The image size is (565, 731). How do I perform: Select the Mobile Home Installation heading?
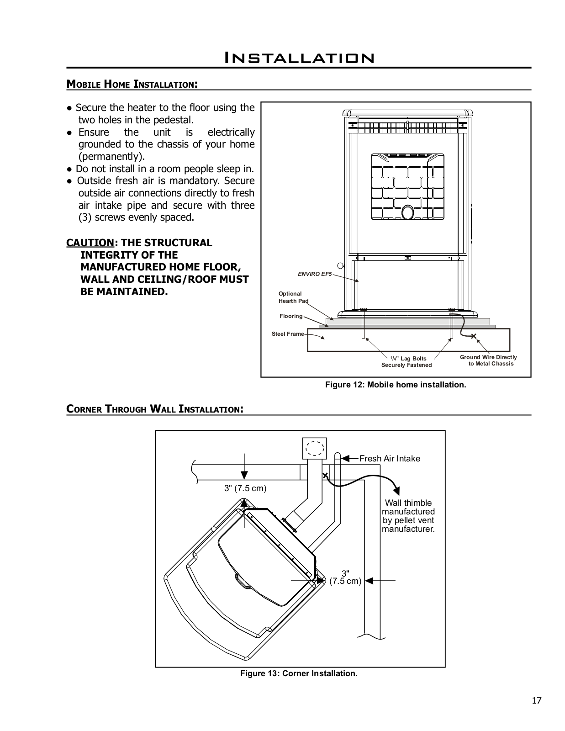(x=132, y=84)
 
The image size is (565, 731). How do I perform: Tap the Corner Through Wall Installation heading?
(x=154, y=409)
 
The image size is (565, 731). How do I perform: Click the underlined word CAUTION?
(x=90, y=243)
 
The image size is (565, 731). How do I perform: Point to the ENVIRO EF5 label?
(x=315, y=274)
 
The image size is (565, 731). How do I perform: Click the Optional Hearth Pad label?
(x=293, y=297)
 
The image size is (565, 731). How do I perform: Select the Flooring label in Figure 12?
(x=291, y=316)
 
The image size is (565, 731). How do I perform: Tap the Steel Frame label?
(x=288, y=334)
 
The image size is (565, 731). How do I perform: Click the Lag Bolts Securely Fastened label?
(x=407, y=362)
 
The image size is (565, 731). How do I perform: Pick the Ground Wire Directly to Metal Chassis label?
(x=488, y=360)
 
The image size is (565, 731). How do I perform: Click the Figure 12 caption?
(x=396, y=385)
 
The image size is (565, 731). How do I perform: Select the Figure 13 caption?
(x=299, y=673)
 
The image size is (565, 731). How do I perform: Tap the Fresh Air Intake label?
(x=390, y=459)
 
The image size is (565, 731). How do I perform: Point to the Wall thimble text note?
(x=408, y=516)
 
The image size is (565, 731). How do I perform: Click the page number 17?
(x=536, y=700)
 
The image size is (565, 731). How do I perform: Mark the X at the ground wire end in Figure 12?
(x=474, y=337)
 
